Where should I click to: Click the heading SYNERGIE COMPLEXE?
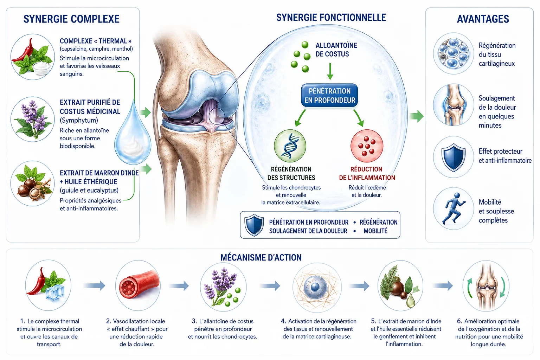[x=71, y=19]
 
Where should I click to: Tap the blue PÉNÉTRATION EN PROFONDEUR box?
[x=329, y=96]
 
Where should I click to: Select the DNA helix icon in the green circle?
[x=290, y=146]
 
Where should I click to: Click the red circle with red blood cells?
[x=367, y=146]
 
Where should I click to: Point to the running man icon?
[x=454, y=208]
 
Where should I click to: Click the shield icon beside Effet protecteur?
[x=454, y=157]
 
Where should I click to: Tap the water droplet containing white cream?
[x=133, y=134]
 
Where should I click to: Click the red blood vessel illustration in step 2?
[x=139, y=286]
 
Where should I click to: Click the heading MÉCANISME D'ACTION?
[x=261, y=258]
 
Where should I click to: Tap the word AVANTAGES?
[x=483, y=19]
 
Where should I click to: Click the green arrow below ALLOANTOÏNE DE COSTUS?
[x=330, y=71]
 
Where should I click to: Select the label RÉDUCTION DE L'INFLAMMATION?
[x=367, y=173]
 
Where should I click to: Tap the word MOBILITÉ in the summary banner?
[x=375, y=231]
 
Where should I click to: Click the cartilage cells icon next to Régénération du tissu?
[x=453, y=53]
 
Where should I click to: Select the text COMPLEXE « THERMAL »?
[x=96, y=41]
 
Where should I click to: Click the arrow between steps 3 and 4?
[x=270, y=286]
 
